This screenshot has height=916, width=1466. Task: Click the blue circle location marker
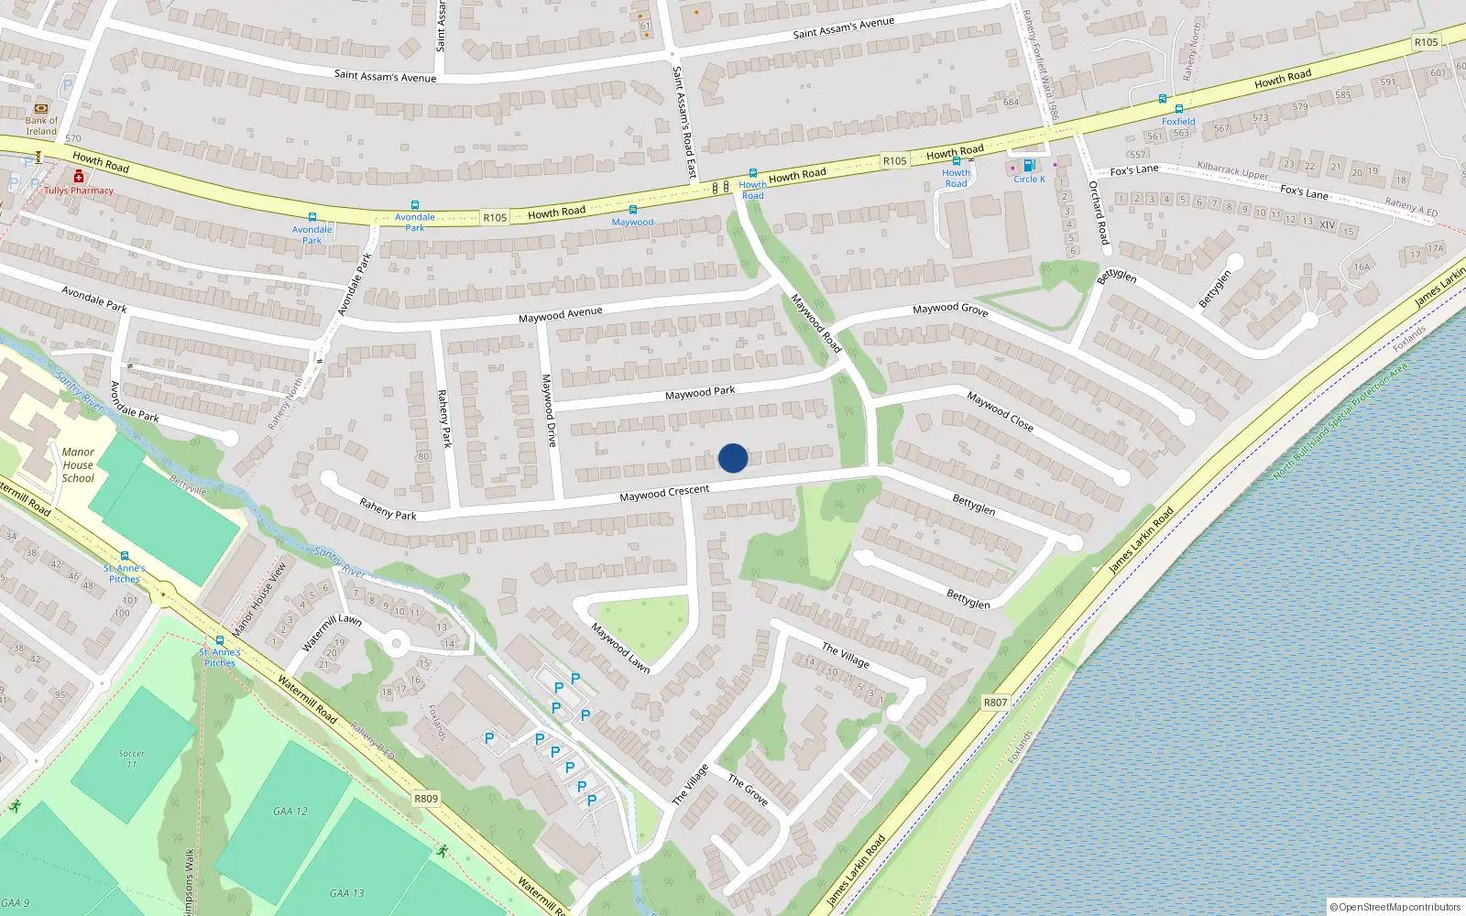tap(733, 458)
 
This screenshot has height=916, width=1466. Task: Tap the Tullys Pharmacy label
tap(79, 191)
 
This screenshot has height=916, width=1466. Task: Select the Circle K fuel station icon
tap(1028, 166)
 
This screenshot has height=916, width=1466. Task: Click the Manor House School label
tap(78, 464)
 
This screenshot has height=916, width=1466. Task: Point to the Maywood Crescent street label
tap(664, 493)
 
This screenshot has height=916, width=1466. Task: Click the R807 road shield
tap(995, 703)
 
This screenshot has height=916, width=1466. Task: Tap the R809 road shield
tap(426, 798)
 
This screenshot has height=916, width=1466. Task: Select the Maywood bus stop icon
tap(632, 210)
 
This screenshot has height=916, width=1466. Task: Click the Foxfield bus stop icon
tap(1178, 109)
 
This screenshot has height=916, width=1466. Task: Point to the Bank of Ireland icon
tap(41, 108)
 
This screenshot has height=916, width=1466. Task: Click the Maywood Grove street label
tap(950, 310)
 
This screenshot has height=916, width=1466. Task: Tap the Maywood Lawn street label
tap(620, 648)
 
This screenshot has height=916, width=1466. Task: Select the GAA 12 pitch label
tap(290, 811)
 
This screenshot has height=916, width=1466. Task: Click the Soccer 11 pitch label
tap(131, 758)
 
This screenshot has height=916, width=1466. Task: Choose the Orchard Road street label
tap(1099, 213)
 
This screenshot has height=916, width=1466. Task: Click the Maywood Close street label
tap(1000, 411)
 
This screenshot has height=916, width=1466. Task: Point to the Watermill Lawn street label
tap(332, 631)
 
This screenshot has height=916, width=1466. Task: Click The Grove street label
tap(748, 790)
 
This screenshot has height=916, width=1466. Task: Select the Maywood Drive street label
tap(548, 410)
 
